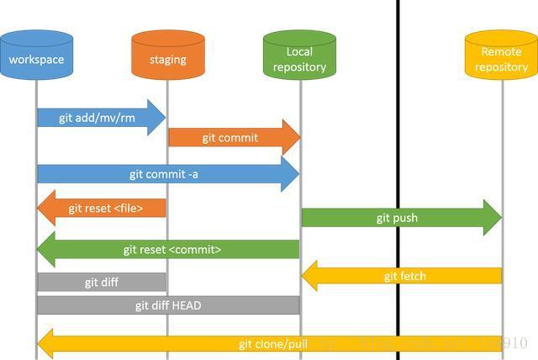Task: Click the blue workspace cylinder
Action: [x=36, y=56]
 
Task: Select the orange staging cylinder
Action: [x=167, y=57]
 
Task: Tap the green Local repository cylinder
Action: [x=299, y=56]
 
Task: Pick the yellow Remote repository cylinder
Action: [x=501, y=57]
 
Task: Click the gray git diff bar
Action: [x=102, y=283]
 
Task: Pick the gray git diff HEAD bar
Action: [x=168, y=305]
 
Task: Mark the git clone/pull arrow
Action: [x=269, y=344]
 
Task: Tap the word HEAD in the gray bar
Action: [x=186, y=305]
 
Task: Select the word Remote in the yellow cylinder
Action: [x=501, y=51]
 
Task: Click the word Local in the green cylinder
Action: [x=299, y=51]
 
